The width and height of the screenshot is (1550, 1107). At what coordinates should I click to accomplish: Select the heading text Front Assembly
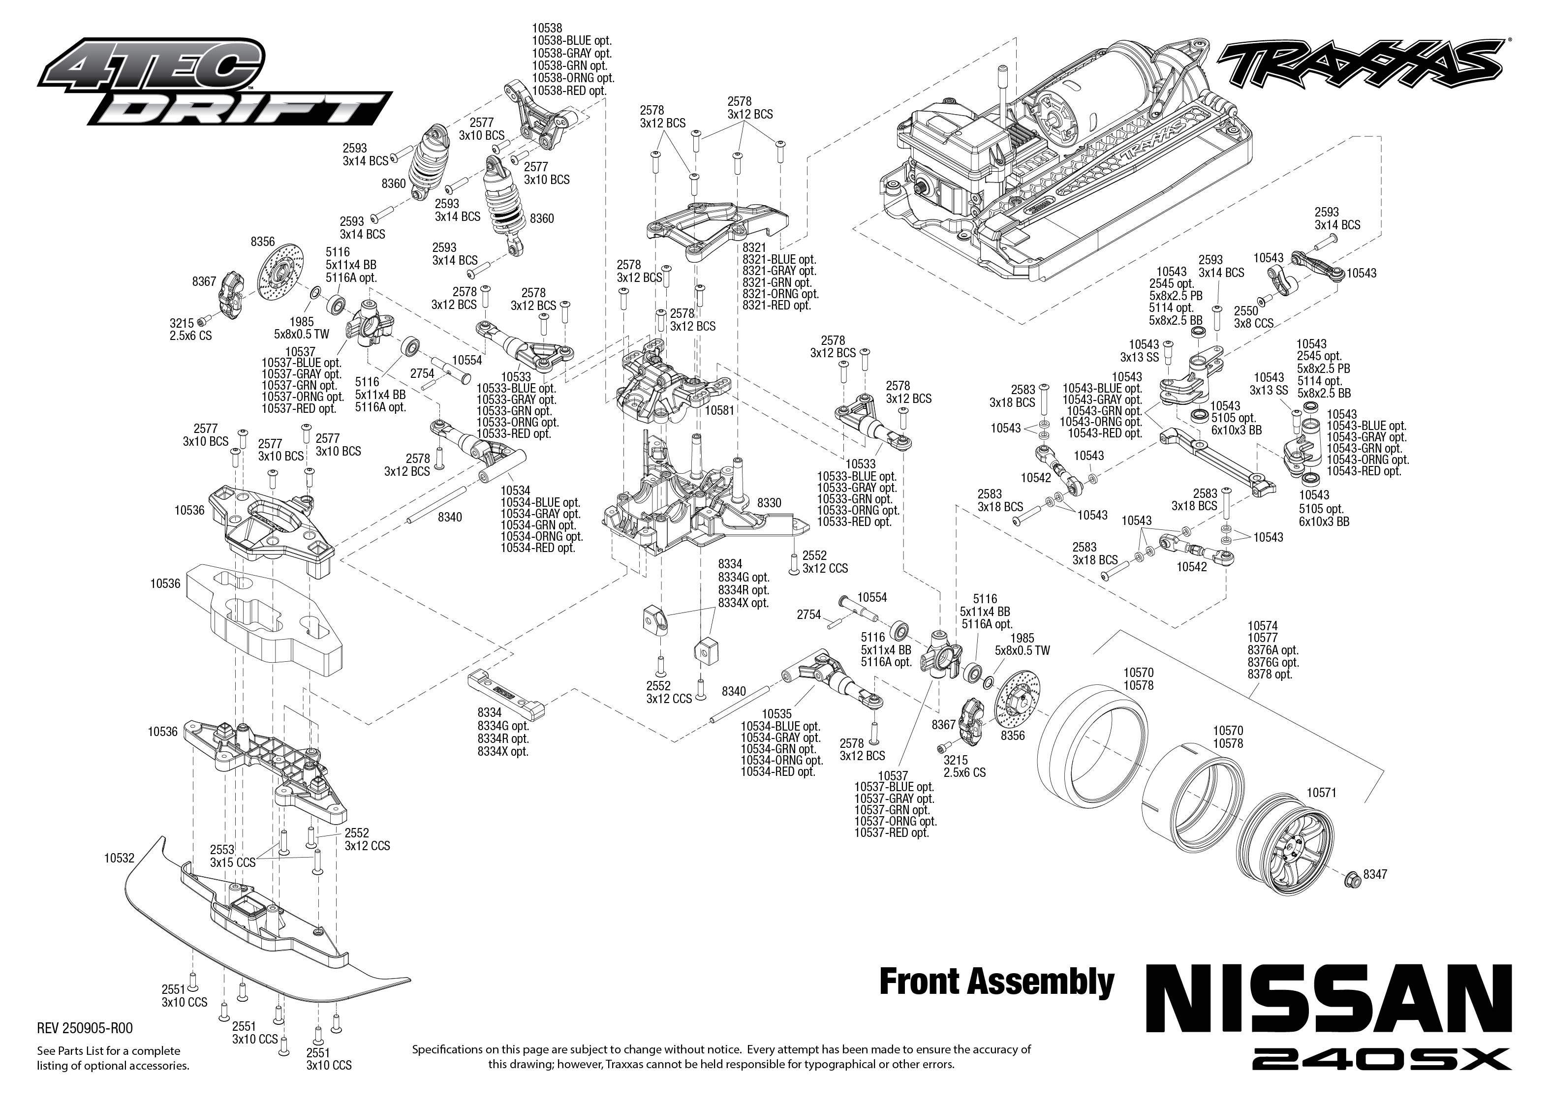pos(996,982)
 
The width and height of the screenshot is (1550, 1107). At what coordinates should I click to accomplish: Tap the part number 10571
pos(1321,793)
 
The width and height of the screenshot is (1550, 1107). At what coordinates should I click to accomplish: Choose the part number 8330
pos(769,502)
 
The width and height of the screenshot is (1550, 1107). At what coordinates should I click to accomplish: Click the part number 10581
pos(719,411)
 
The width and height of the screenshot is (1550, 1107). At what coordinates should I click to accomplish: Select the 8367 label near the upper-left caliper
pos(204,281)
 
